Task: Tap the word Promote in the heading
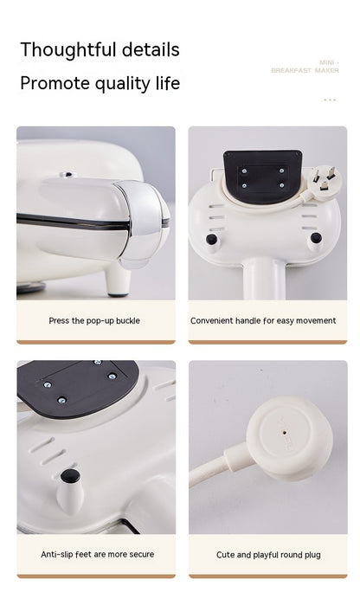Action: [57, 84]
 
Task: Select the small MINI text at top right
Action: [326, 62]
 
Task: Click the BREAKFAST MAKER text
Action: [305, 71]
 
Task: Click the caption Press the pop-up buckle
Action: [94, 320]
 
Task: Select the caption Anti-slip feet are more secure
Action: [97, 554]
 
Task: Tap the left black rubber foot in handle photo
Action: [211, 239]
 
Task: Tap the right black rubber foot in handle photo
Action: [316, 237]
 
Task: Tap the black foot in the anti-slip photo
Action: [71, 476]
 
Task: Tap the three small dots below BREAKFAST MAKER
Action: [329, 100]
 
